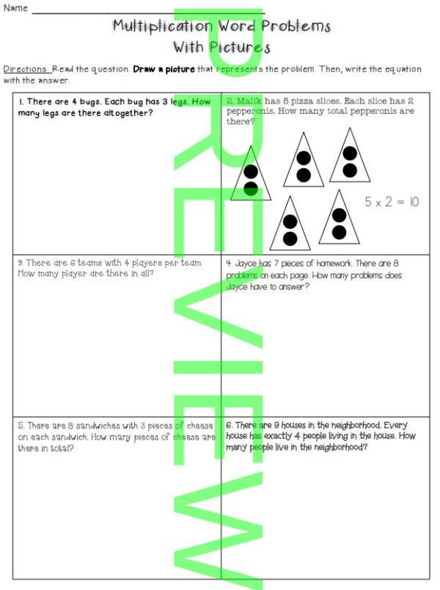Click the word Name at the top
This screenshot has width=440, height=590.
15,8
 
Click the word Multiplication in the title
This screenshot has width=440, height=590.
162,26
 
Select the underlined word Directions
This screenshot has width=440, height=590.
26,69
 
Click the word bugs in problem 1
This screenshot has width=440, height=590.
84,102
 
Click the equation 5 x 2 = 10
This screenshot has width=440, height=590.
392,202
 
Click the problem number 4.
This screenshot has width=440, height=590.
229,262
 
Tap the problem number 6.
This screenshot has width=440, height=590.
230,425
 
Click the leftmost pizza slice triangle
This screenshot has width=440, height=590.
251,177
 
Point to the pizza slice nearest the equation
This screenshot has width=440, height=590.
338,218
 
